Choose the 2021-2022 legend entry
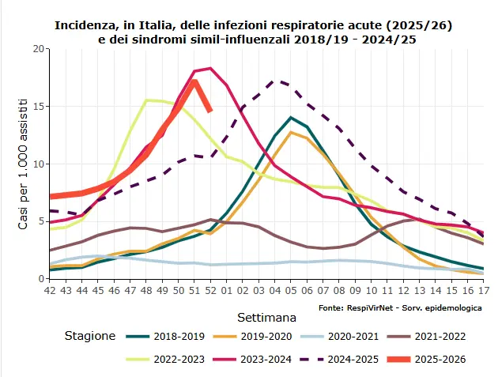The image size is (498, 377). point(440,336)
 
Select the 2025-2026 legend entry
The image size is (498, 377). point(440,359)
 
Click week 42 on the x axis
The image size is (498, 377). point(51,290)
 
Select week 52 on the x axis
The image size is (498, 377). point(209,290)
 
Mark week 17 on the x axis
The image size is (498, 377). point(483,290)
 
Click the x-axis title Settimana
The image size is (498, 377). point(266,318)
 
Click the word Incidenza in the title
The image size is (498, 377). point(87,25)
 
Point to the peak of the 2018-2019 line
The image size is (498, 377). point(291,118)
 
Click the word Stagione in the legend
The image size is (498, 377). point(90,336)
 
